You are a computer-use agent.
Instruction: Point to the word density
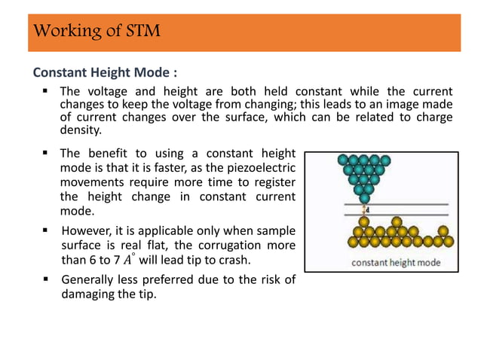click(81, 130)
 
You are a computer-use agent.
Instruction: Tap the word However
click(86, 231)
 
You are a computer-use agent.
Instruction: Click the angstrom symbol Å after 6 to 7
click(133, 259)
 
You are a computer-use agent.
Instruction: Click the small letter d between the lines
click(368, 210)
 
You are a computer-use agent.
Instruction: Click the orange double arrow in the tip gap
click(363, 210)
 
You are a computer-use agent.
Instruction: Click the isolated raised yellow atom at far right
click(443, 230)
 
